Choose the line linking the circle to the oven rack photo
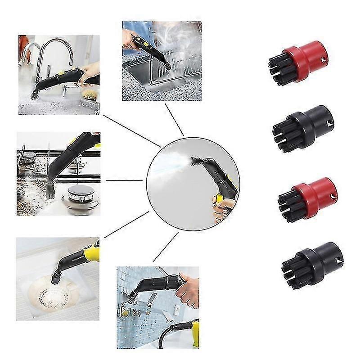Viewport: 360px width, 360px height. pos(174,119)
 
